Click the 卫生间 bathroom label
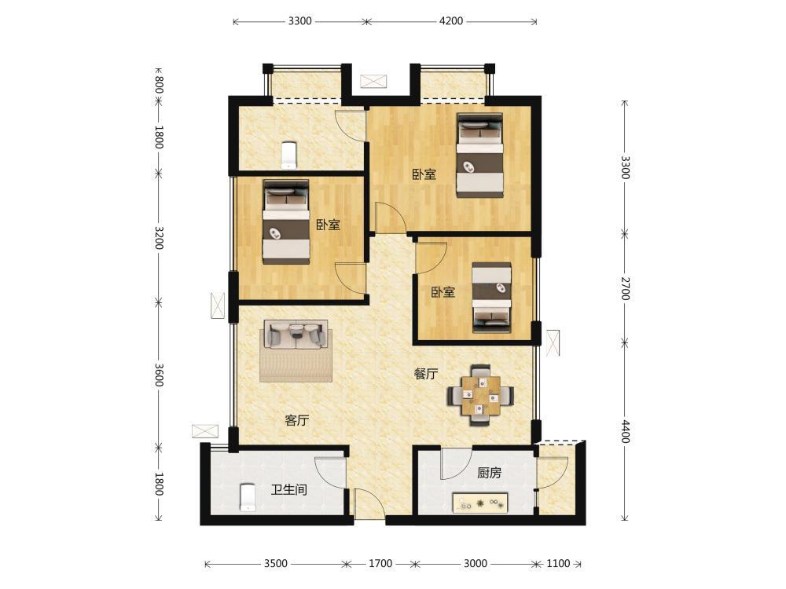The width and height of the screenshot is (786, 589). pyautogui.click(x=289, y=489)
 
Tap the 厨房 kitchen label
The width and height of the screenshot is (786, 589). pyautogui.click(x=489, y=472)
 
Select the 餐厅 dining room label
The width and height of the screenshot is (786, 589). pyautogui.click(x=426, y=374)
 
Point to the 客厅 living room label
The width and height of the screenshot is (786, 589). pyautogui.click(x=297, y=420)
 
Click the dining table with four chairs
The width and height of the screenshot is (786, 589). pyautogui.click(x=481, y=395)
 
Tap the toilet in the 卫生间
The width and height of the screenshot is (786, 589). pyautogui.click(x=248, y=497)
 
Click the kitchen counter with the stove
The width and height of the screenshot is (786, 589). pyautogui.click(x=480, y=503)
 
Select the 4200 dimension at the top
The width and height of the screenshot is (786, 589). pyautogui.click(x=451, y=21)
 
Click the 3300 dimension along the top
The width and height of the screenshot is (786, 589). pyautogui.click(x=299, y=21)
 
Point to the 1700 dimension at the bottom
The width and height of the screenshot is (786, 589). pyautogui.click(x=380, y=563)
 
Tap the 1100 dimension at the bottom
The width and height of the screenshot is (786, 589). pyautogui.click(x=558, y=563)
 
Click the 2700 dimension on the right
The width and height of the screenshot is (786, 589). pyautogui.click(x=625, y=288)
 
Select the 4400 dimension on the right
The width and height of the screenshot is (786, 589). pyautogui.click(x=625, y=430)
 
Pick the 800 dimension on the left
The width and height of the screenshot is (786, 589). pyautogui.click(x=159, y=84)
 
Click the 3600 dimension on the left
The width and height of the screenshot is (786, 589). pyautogui.click(x=159, y=375)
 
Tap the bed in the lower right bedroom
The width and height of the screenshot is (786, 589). pyautogui.click(x=492, y=298)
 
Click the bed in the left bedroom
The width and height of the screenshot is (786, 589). pyautogui.click(x=286, y=222)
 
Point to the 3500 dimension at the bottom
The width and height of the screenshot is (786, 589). pyautogui.click(x=276, y=563)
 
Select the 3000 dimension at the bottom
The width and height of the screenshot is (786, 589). pyautogui.click(x=475, y=563)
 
